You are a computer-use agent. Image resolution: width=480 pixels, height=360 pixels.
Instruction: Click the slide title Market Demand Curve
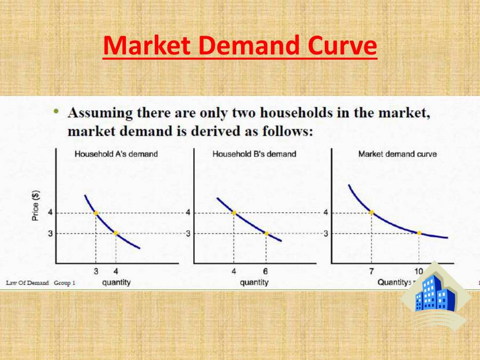[240, 46]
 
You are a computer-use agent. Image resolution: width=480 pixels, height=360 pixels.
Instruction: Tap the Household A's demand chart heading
[116, 154]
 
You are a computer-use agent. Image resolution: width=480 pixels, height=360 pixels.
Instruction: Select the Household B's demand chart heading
[254, 154]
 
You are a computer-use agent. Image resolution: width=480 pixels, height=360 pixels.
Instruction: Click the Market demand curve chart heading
[397, 154]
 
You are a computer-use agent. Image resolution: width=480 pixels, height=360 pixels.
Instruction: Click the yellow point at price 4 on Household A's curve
[96, 213]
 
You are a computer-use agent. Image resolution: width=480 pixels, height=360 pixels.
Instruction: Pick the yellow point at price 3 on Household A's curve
[116, 233]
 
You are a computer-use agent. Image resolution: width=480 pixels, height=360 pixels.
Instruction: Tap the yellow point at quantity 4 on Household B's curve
[234, 213]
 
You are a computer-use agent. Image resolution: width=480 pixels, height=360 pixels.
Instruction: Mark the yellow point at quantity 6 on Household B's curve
[267, 233]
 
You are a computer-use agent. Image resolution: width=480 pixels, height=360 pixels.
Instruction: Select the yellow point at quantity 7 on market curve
[372, 213]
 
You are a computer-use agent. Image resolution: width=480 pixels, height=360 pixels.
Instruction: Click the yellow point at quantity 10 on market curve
[419, 233]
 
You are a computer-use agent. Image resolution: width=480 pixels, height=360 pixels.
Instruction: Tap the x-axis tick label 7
[371, 271]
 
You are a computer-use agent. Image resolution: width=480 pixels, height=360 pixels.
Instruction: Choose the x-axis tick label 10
[419, 271]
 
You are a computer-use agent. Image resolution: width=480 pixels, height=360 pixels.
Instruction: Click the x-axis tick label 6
[266, 271]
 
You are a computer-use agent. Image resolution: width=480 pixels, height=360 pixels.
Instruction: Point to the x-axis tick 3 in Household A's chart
[96, 271]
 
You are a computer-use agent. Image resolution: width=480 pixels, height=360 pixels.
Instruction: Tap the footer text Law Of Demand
[27, 283]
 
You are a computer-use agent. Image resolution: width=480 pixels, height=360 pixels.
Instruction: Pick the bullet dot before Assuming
[55, 111]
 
